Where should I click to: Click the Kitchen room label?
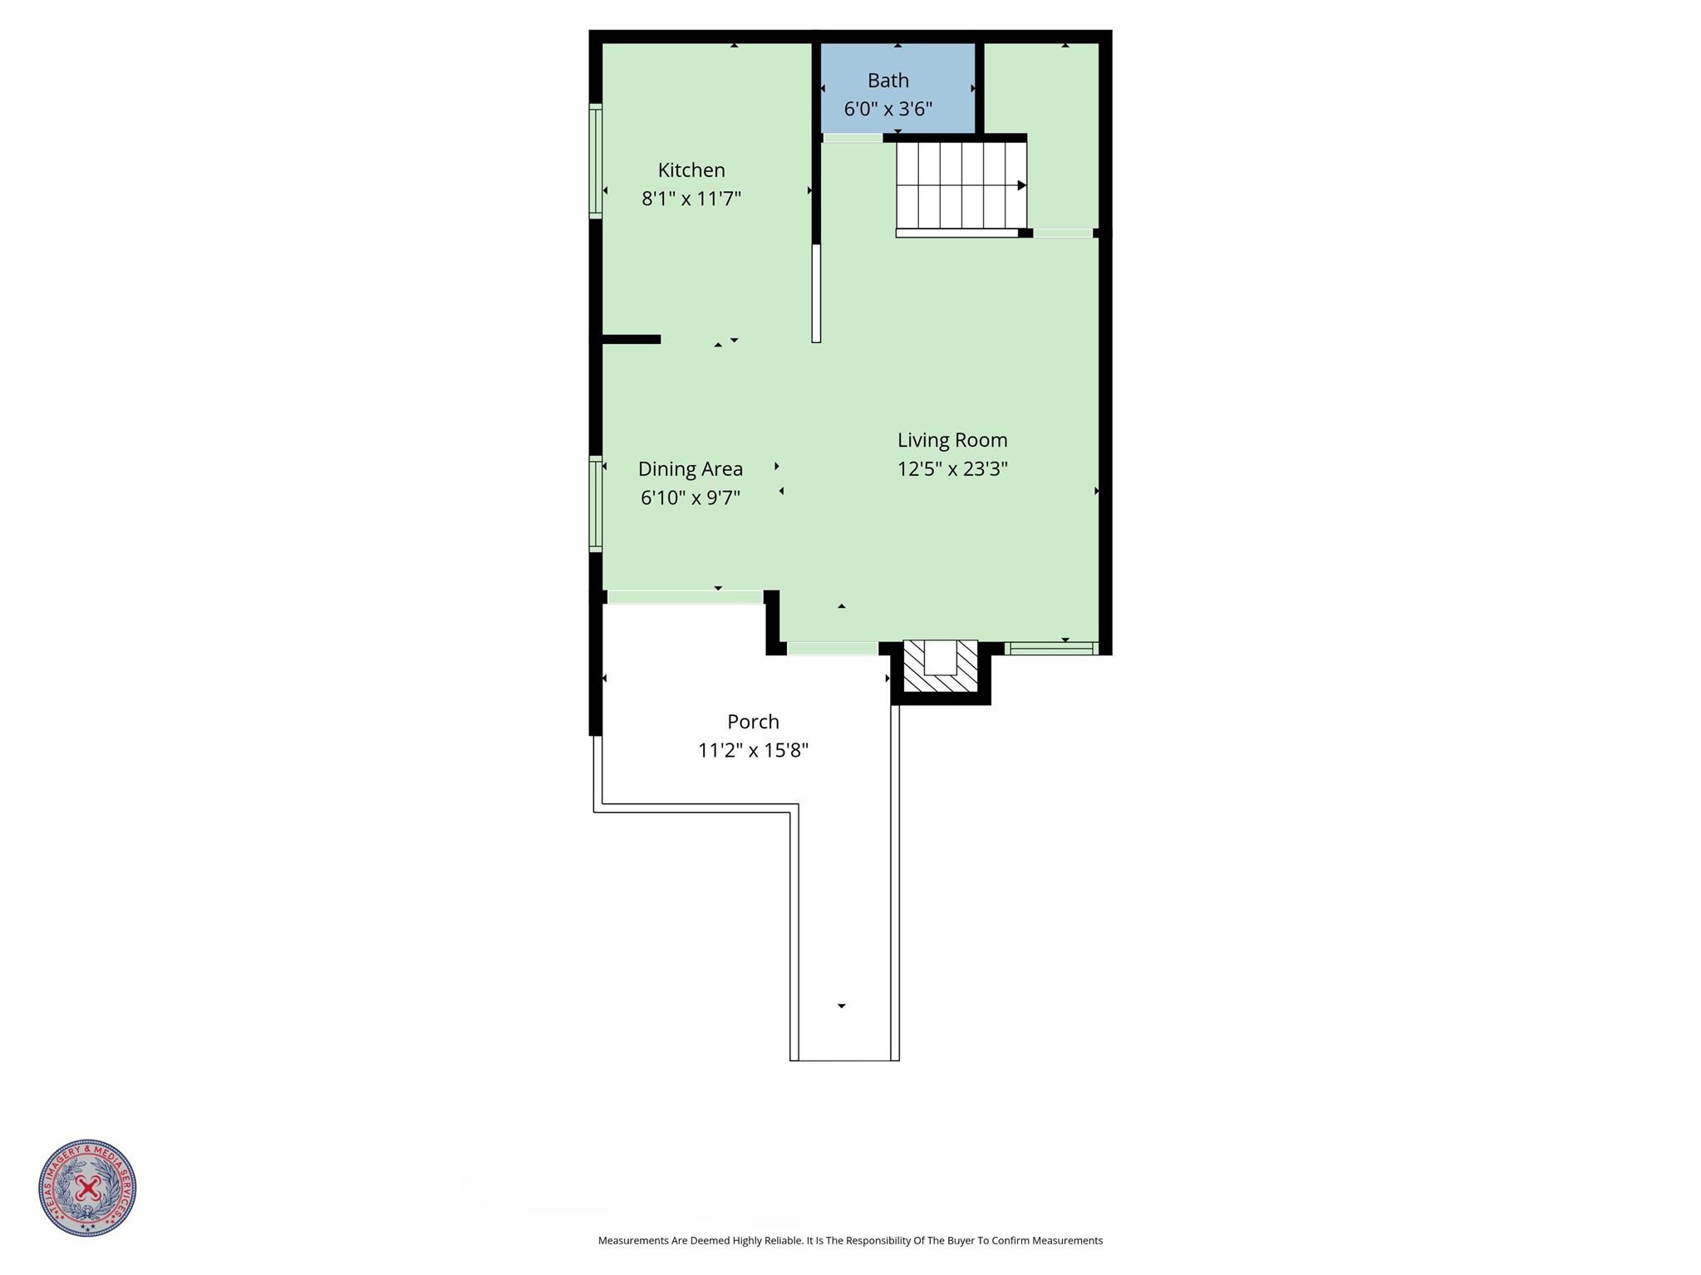point(691,170)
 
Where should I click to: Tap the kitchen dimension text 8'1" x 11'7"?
point(691,199)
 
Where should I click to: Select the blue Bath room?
point(897,88)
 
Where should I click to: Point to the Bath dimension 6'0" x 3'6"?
point(888,109)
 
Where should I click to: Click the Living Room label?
point(952,440)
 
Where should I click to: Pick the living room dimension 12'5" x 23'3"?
point(952,468)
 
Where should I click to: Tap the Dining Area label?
point(691,469)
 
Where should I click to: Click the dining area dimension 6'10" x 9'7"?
point(691,498)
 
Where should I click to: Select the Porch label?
point(754,722)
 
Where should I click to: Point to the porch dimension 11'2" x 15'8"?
point(754,750)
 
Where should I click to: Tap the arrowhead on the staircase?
point(1023,185)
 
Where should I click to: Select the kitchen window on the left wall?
point(596,161)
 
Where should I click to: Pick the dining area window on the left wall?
point(596,504)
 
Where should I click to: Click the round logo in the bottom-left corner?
point(87,1189)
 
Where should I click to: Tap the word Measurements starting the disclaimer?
point(633,1241)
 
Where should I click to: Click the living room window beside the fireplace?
point(1051,648)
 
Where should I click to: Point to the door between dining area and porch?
point(685,596)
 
